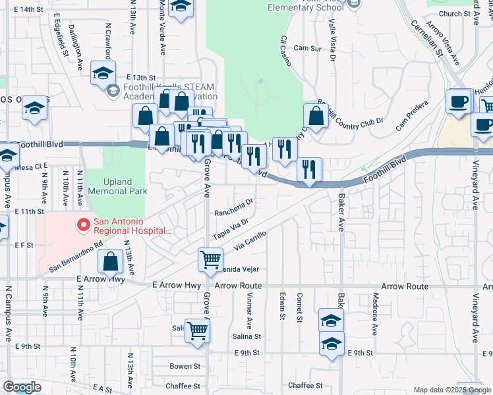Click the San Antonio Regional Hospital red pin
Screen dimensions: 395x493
pos(84,226)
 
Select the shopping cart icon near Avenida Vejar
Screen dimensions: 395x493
pos(210,259)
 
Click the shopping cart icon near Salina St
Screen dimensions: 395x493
pos(197,330)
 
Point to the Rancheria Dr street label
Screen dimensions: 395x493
pos(235,207)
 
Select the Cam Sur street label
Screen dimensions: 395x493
pos(307,48)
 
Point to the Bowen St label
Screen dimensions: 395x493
pos(185,366)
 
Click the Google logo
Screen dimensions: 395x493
pos(22,387)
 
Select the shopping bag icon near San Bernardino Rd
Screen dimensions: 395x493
pos(111,261)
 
